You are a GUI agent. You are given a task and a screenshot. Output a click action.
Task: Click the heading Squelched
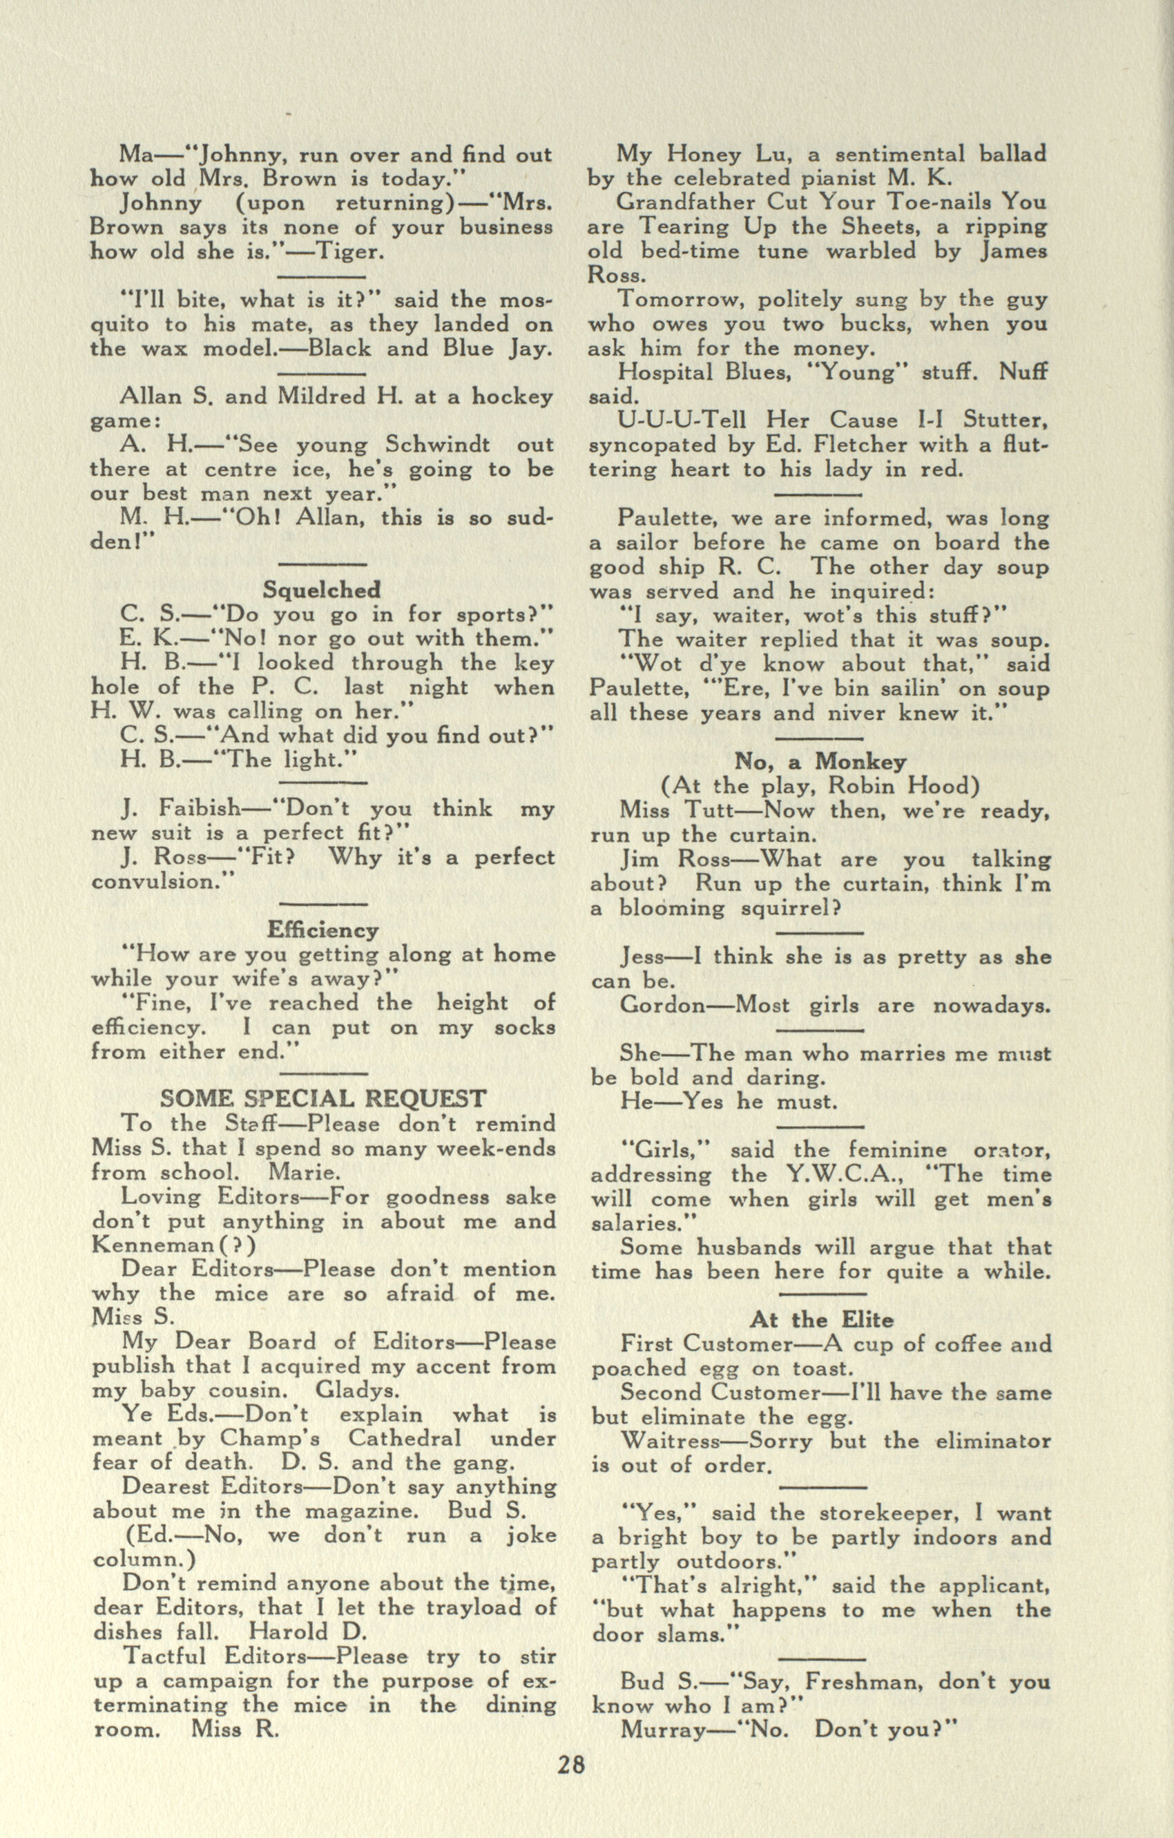[321, 589]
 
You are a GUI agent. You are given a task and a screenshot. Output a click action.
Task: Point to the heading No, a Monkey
[820, 761]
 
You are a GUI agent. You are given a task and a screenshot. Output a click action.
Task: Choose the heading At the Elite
[821, 1320]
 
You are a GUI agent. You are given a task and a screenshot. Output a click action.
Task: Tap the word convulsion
[159, 881]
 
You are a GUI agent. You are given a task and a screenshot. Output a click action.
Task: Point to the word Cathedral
[405, 1438]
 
